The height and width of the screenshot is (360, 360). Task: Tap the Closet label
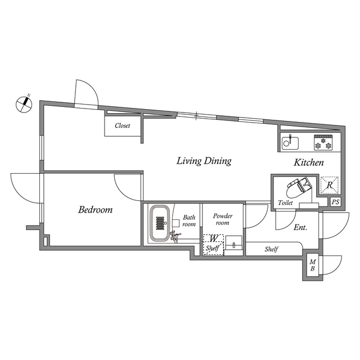[123, 126]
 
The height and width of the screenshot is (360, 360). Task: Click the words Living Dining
[204, 161]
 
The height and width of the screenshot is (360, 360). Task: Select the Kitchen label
[309, 163]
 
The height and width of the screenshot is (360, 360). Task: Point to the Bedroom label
[95, 210]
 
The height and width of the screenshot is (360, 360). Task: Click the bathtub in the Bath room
[160, 223]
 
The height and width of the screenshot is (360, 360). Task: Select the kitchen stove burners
[325, 143]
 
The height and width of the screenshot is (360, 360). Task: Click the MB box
[313, 265]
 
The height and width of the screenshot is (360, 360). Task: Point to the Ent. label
[300, 228]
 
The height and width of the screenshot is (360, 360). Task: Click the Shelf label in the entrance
[272, 249]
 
